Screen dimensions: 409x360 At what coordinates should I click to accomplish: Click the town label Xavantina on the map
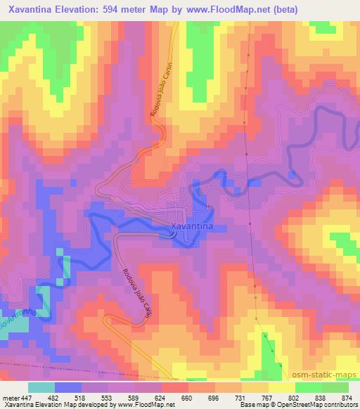point(193,226)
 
